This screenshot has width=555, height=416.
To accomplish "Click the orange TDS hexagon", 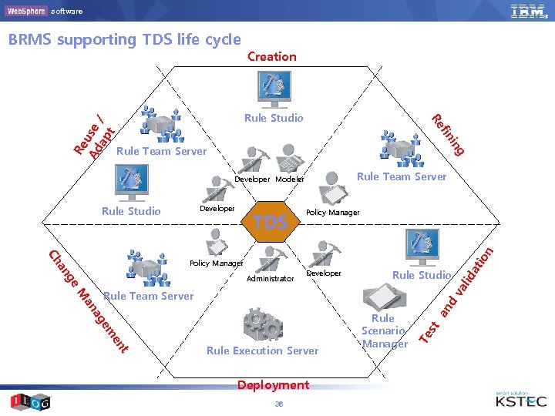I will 273,223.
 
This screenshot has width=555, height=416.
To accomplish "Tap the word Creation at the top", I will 271,56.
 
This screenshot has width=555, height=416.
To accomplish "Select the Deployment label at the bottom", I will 273,385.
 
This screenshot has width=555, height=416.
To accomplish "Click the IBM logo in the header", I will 527,11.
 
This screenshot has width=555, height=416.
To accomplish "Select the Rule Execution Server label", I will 262,351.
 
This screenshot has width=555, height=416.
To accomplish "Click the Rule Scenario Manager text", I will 384,330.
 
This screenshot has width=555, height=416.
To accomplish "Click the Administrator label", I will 270,279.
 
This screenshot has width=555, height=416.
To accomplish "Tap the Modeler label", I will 289,179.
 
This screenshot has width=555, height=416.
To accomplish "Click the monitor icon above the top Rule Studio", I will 274,89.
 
